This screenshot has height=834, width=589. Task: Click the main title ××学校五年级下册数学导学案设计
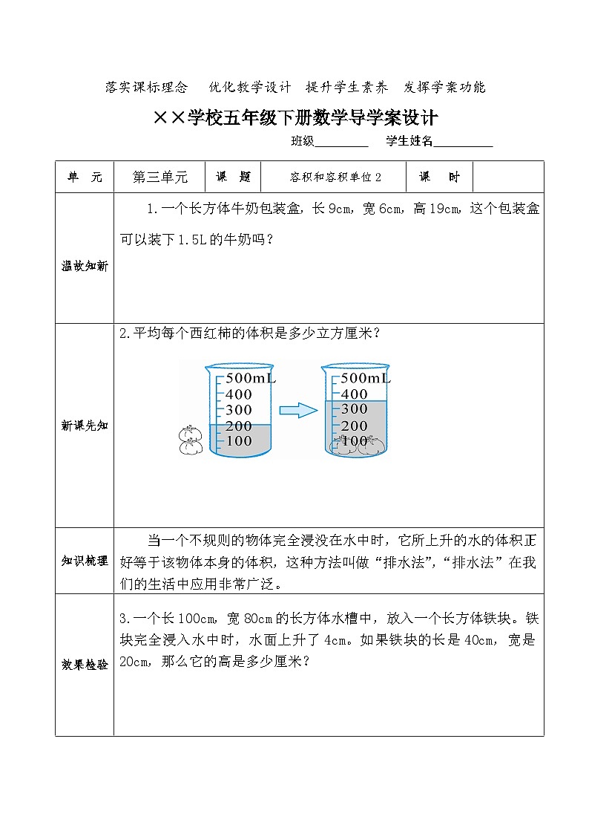tap(294, 118)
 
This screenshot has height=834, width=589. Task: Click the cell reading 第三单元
tap(159, 177)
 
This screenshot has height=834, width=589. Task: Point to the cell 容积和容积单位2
tap(336, 177)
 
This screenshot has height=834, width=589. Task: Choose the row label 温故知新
tap(85, 266)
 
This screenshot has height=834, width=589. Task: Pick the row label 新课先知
tap(85, 426)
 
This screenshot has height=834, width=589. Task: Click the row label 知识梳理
tap(85, 561)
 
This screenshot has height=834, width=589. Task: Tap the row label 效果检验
tap(85, 665)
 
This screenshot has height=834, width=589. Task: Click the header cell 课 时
tap(439, 177)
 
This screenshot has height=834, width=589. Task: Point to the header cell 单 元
tap(85, 177)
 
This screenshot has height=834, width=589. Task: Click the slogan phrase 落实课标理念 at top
tap(147, 87)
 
